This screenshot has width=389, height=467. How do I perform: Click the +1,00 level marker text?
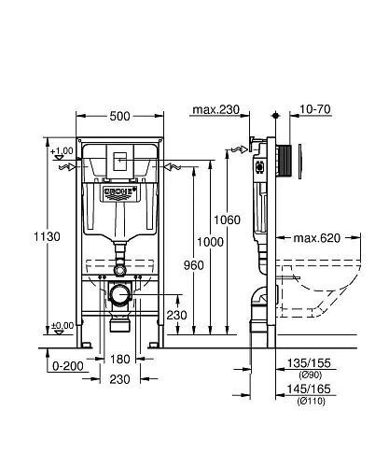pos(63,151)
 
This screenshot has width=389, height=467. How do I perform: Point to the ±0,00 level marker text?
pos(63,325)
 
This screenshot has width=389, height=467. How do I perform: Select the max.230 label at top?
pos(215,110)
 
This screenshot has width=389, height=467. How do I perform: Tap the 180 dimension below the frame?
pos(119,360)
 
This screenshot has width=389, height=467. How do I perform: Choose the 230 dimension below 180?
pos(119,379)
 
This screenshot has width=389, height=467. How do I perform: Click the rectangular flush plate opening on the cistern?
pos(117,160)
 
